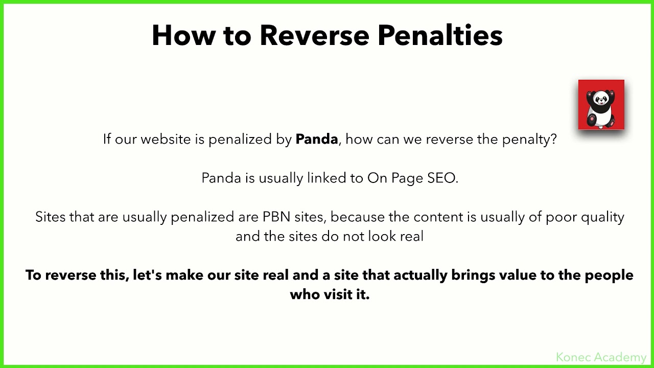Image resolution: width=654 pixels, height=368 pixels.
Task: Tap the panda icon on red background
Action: coord(601,104)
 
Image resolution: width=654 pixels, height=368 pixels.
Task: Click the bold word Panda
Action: coord(317,139)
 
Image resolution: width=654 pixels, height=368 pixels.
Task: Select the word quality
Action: coord(602,217)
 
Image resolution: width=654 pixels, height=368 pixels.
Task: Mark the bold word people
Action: coord(609,275)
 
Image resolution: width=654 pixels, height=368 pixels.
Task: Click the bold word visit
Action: coord(338,294)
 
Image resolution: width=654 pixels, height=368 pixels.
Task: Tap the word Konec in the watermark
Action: coord(573,357)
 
